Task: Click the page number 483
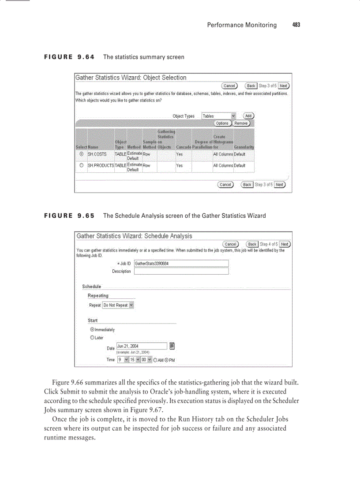[296, 25]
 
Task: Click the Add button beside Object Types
[248, 116]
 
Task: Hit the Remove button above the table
[241, 123]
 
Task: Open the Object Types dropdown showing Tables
[219, 116]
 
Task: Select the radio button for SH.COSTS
[81, 154]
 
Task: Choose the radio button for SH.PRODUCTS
[81, 166]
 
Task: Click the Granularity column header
[244, 147]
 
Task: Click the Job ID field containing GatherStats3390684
[181, 264]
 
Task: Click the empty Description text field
[181, 272]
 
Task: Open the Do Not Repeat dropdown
[118, 305]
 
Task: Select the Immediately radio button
[92, 330]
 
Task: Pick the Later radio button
[92, 338]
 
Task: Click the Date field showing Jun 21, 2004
[142, 346]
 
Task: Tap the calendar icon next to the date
[172, 346]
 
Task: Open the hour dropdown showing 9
[123, 360]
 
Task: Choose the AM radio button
[155, 360]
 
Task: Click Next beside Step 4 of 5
[285, 244]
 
